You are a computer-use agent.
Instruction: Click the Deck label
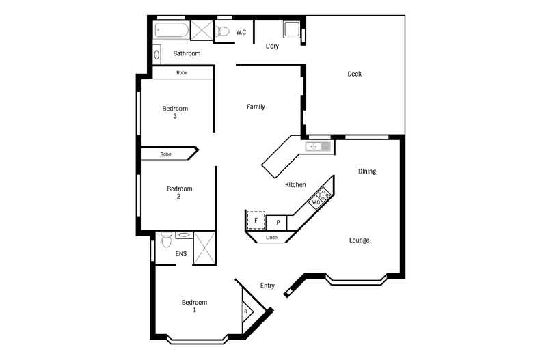(x=354, y=74)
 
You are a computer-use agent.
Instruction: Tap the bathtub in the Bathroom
(x=171, y=30)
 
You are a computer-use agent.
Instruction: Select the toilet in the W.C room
(x=223, y=31)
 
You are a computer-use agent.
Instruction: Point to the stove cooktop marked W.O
(x=321, y=198)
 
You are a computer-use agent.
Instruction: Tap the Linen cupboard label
(x=271, y=238)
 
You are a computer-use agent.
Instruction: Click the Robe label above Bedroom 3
(x=182, y=72)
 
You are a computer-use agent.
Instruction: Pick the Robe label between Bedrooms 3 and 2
(x=166, y=154)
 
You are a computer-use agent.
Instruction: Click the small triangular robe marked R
(x=246, y=311)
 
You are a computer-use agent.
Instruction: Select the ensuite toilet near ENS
(x=165, y=241)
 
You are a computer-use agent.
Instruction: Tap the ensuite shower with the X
(x=204, y=247)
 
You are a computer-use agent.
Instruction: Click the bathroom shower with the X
(x=201, y=31)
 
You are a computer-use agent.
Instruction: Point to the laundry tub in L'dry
(x=291, y=31)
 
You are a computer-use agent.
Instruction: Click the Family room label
(x=256, y=107)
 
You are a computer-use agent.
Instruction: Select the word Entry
(x=267, y=286)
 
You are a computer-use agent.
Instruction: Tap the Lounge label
(x=360, y=240)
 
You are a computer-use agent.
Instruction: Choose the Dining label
(x=367, y=171)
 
